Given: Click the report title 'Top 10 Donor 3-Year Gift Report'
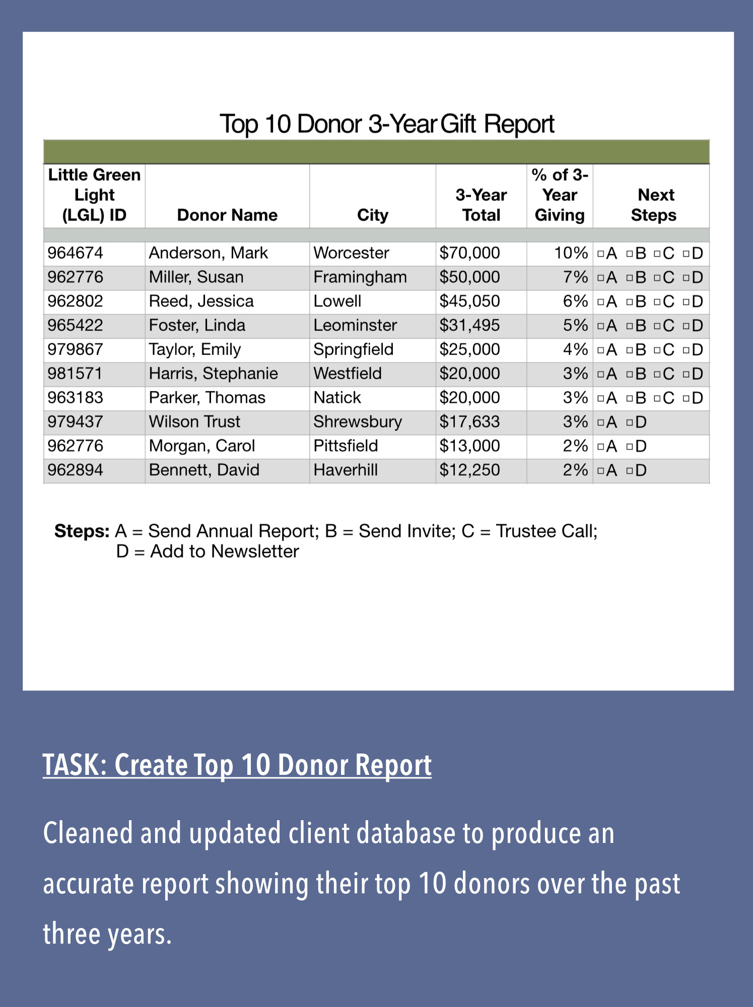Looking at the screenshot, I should pyautogui.click(x=387, y=124).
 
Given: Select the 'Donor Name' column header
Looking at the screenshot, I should pyautogui.click(x=227, y=215).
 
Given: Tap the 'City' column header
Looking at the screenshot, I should pyautogui.click(x=372, y=215).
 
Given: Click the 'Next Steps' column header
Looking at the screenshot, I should pyautogui.click(x=654, y=205).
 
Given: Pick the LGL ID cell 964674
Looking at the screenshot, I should pyautogui.click(x=76, y=253).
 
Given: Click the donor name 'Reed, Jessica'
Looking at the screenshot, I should pyautogui.click(x=201, y=301).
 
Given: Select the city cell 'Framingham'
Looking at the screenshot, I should pyautogui.click(x=360, y=277).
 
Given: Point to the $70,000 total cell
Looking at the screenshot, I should pyautogui.click(x=469, y=253).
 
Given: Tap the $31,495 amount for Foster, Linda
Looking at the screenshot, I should pyautogui.click(x=469, y=325).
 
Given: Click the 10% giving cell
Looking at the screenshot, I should pyautogui.click(x=571, y=253).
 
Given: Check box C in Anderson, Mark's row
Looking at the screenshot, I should pyautogui.click(x=657, y=254).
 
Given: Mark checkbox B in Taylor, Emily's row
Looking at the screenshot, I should pyautogui.click(x=630, y=350).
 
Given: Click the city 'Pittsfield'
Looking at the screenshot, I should pyautogui.click(x=346, y=446).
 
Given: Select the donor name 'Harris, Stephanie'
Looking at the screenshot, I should pyautogui.click(x=213, y=374).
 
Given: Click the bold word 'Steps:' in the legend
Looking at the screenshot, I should pyautogui.click(x=82, y=531).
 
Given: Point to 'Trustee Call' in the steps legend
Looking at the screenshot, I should pyautogui.click(x=546, y=531).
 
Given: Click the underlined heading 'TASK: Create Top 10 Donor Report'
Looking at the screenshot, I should pyautogui.click(x=237, y=765).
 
